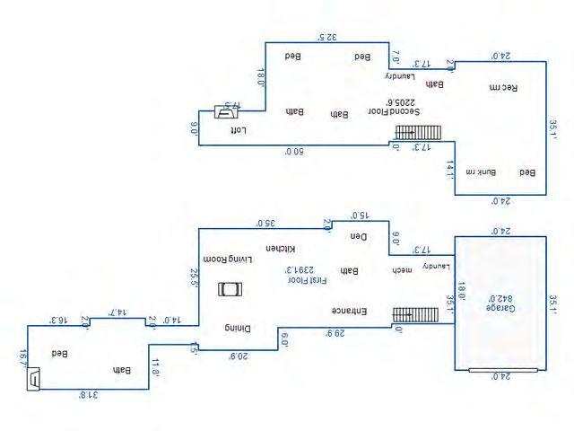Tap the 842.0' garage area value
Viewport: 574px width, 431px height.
[x=498, y=297]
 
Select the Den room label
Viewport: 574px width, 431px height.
[x=360, y=237]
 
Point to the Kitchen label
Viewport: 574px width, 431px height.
[x=281, y=249]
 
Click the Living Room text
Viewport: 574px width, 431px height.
[x=229, y=259]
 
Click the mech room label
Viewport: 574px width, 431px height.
[x=399, y=268]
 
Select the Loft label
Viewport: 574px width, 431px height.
[x=238, y=129]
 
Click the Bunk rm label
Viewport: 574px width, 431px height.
[x=487, y=171]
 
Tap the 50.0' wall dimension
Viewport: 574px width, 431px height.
[x=294, y=152]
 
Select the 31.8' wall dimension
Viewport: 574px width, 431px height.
[x=87, y=394]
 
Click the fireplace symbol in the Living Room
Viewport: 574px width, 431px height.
[x=230, y=289]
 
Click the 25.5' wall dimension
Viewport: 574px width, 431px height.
[x=193, y=277]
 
